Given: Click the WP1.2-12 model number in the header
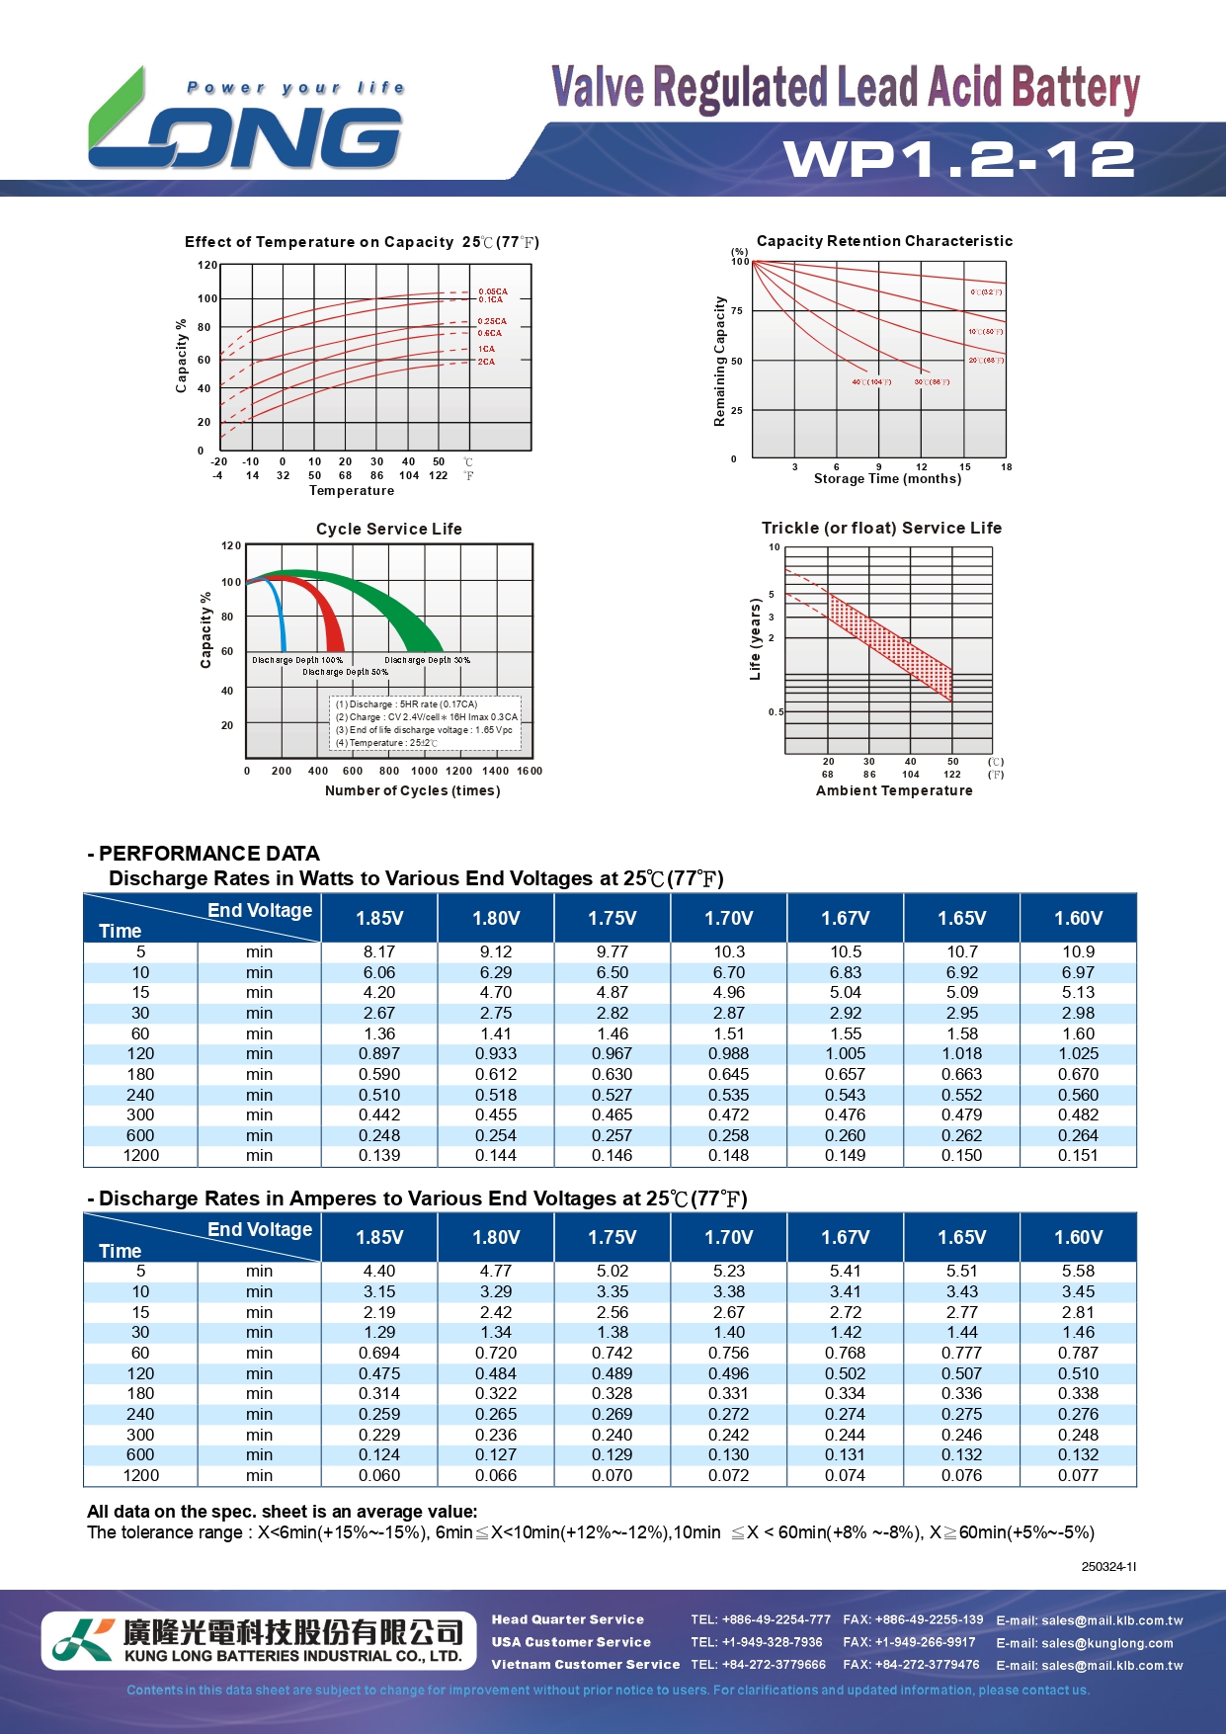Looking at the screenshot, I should pyautogui.click(x=959, y=159).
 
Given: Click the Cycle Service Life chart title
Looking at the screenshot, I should pyautogui.click(x=388, y=529).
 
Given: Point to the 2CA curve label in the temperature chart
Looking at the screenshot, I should pyautogui.click(x=486, y=362).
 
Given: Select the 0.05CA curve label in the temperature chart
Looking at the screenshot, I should pyautogui.click(x=492, y=291).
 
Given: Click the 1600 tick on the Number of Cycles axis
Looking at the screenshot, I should pyautogui.click(x=530, y=771).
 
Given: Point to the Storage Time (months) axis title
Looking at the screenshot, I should pyautogui.click(x=887, y=479).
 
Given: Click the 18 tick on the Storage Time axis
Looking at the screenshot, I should pyautogui.click(x=1006, y=467).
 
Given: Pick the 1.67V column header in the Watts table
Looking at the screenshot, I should pyautogui.click(x=845, y=918).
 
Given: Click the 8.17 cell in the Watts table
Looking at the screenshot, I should pyautogui.click(x=379, y=951).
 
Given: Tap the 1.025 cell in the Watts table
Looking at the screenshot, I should pyautogui.click(x=1078, y=1053).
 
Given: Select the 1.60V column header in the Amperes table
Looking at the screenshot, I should pyautogui.click(x=1078, y=1237).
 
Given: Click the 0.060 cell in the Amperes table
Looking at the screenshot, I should pyautogui.click(x=379, y=1475).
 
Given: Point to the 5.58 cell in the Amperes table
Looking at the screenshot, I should pyautogui.click(x=1078, y=1271).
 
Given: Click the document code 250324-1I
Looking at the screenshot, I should pyautogui.click(x=1108, y=1567).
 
